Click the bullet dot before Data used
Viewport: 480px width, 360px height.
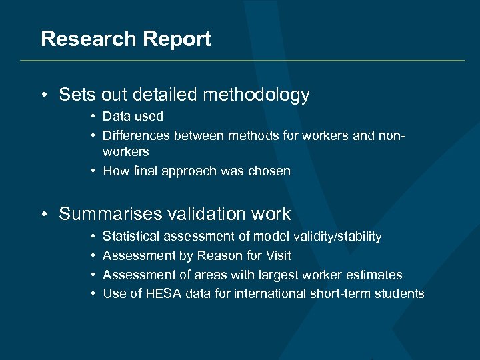tap(95, 117)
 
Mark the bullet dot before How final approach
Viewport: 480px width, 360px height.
tap(95, 171)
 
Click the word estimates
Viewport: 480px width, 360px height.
tap(378, 275)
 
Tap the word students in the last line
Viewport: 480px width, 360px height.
tap(399, 294)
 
